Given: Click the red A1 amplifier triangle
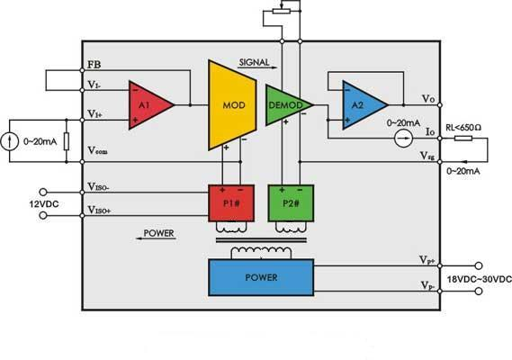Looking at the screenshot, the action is point(148,105).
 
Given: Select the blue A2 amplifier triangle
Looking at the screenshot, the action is point(363,105).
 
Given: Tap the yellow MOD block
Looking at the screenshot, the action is point(232,105).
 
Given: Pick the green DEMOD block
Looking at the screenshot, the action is point(287,105).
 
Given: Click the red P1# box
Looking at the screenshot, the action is point(231,203).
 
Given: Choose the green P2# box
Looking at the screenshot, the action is point(291,203).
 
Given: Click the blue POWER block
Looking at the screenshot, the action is point(261,277).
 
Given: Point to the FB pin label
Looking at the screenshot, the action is point(94,65).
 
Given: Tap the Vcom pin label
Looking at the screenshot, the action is point(98,150).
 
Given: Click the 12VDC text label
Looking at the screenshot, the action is point(44,204).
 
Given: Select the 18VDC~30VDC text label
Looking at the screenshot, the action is point(479,279).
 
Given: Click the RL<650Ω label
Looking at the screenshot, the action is point(463,128).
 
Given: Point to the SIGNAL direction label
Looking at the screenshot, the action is point(255,62).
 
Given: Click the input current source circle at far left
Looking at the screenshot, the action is point(9,141).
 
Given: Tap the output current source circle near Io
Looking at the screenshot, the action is point(404,139).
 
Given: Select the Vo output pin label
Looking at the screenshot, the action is point(428,98).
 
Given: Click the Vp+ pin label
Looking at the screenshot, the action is point(427,260).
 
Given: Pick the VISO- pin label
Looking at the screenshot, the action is point(98,186).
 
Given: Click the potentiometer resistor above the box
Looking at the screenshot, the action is point(282,12).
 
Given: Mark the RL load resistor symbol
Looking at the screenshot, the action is point(463,139).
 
